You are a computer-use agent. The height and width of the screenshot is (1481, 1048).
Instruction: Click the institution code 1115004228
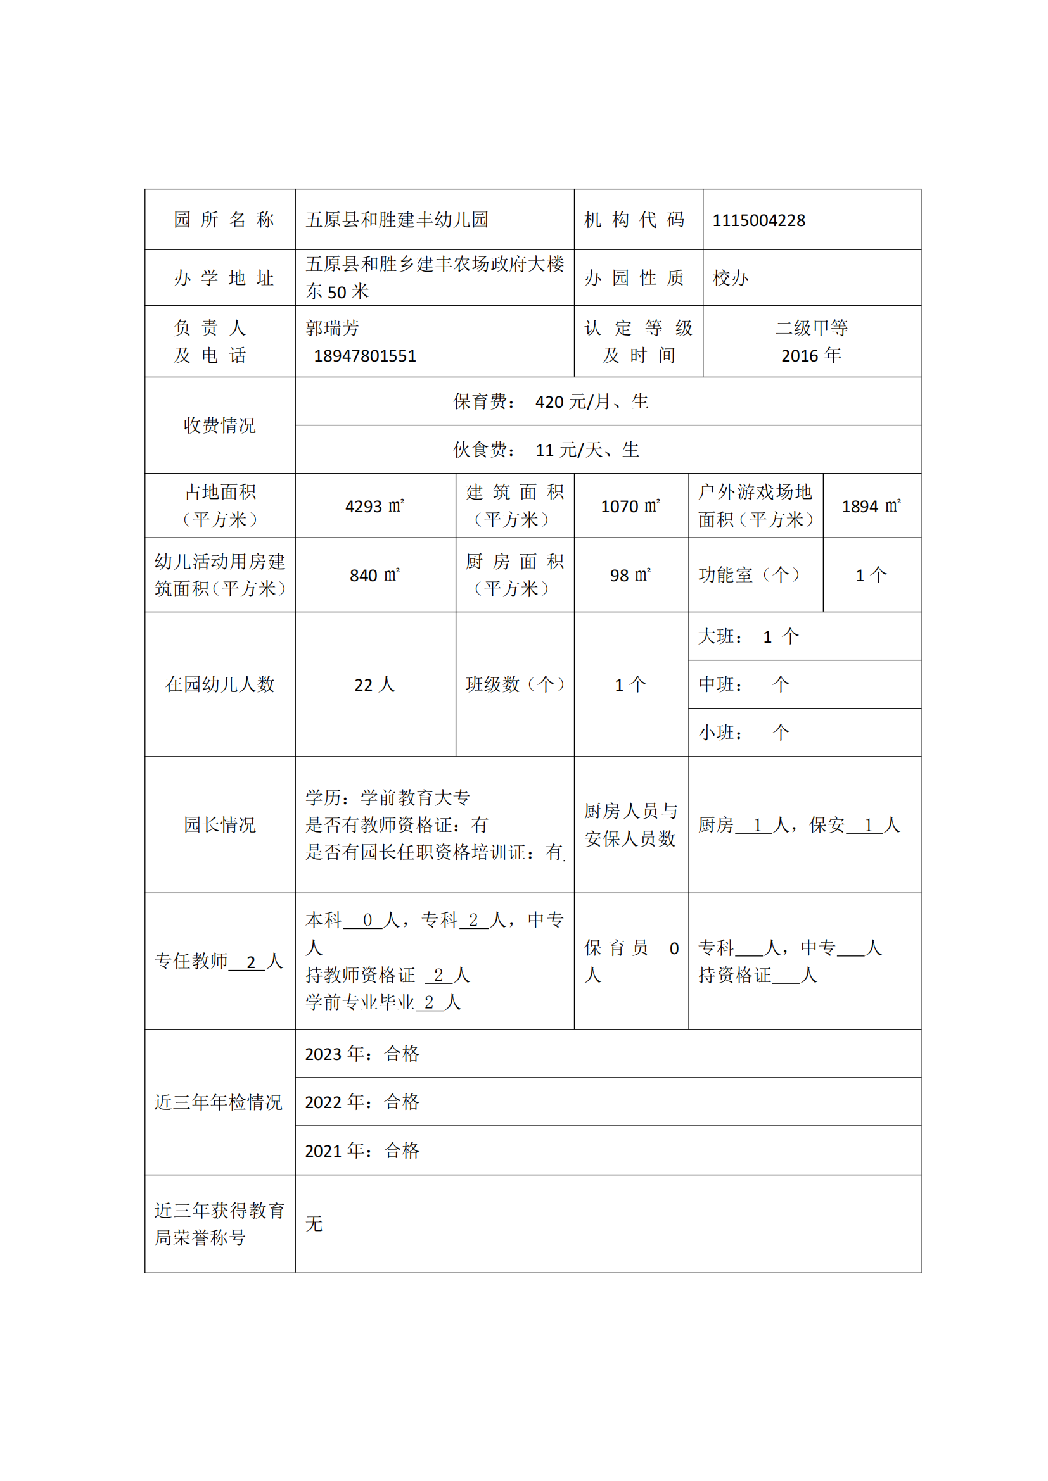(x=758, y=220)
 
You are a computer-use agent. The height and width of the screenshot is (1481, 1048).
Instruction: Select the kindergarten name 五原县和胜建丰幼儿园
(x=397, y=220)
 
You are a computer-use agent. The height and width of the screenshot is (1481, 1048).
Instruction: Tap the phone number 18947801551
(x=364, y=356)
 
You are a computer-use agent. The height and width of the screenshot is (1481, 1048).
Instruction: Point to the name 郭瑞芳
(x=333, y=329)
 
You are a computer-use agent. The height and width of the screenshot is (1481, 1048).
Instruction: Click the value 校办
(x=730, y=278)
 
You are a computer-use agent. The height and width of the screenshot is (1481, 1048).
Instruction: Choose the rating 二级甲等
(x=811, y=328)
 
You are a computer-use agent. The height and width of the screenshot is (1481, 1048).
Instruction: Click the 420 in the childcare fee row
(x=549, y=402)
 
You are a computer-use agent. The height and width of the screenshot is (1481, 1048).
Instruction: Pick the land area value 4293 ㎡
(x=375, y=507)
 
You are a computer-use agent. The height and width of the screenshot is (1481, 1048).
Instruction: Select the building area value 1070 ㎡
(x=630, y=507)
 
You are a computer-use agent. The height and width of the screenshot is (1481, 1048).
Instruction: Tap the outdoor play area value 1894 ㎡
(x=871, y=507)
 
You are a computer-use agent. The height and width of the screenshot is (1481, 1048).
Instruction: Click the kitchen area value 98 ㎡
(x=630, y=576)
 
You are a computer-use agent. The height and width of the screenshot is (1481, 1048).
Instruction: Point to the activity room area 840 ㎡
(x=375, y=576)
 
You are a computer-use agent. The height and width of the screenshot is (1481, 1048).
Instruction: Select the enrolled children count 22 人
(x=375, y=684)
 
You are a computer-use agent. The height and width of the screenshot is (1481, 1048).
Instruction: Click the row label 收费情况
(x=219, y=425)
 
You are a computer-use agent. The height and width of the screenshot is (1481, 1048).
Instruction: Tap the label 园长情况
(x=219, y=825)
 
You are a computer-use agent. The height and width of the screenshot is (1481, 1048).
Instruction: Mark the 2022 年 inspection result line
(x=362, y=1102)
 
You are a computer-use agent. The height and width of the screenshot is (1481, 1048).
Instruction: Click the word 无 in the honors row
(x=314, y=1224)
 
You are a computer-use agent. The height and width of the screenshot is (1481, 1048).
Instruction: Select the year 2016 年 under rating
(x=811, y=355)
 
